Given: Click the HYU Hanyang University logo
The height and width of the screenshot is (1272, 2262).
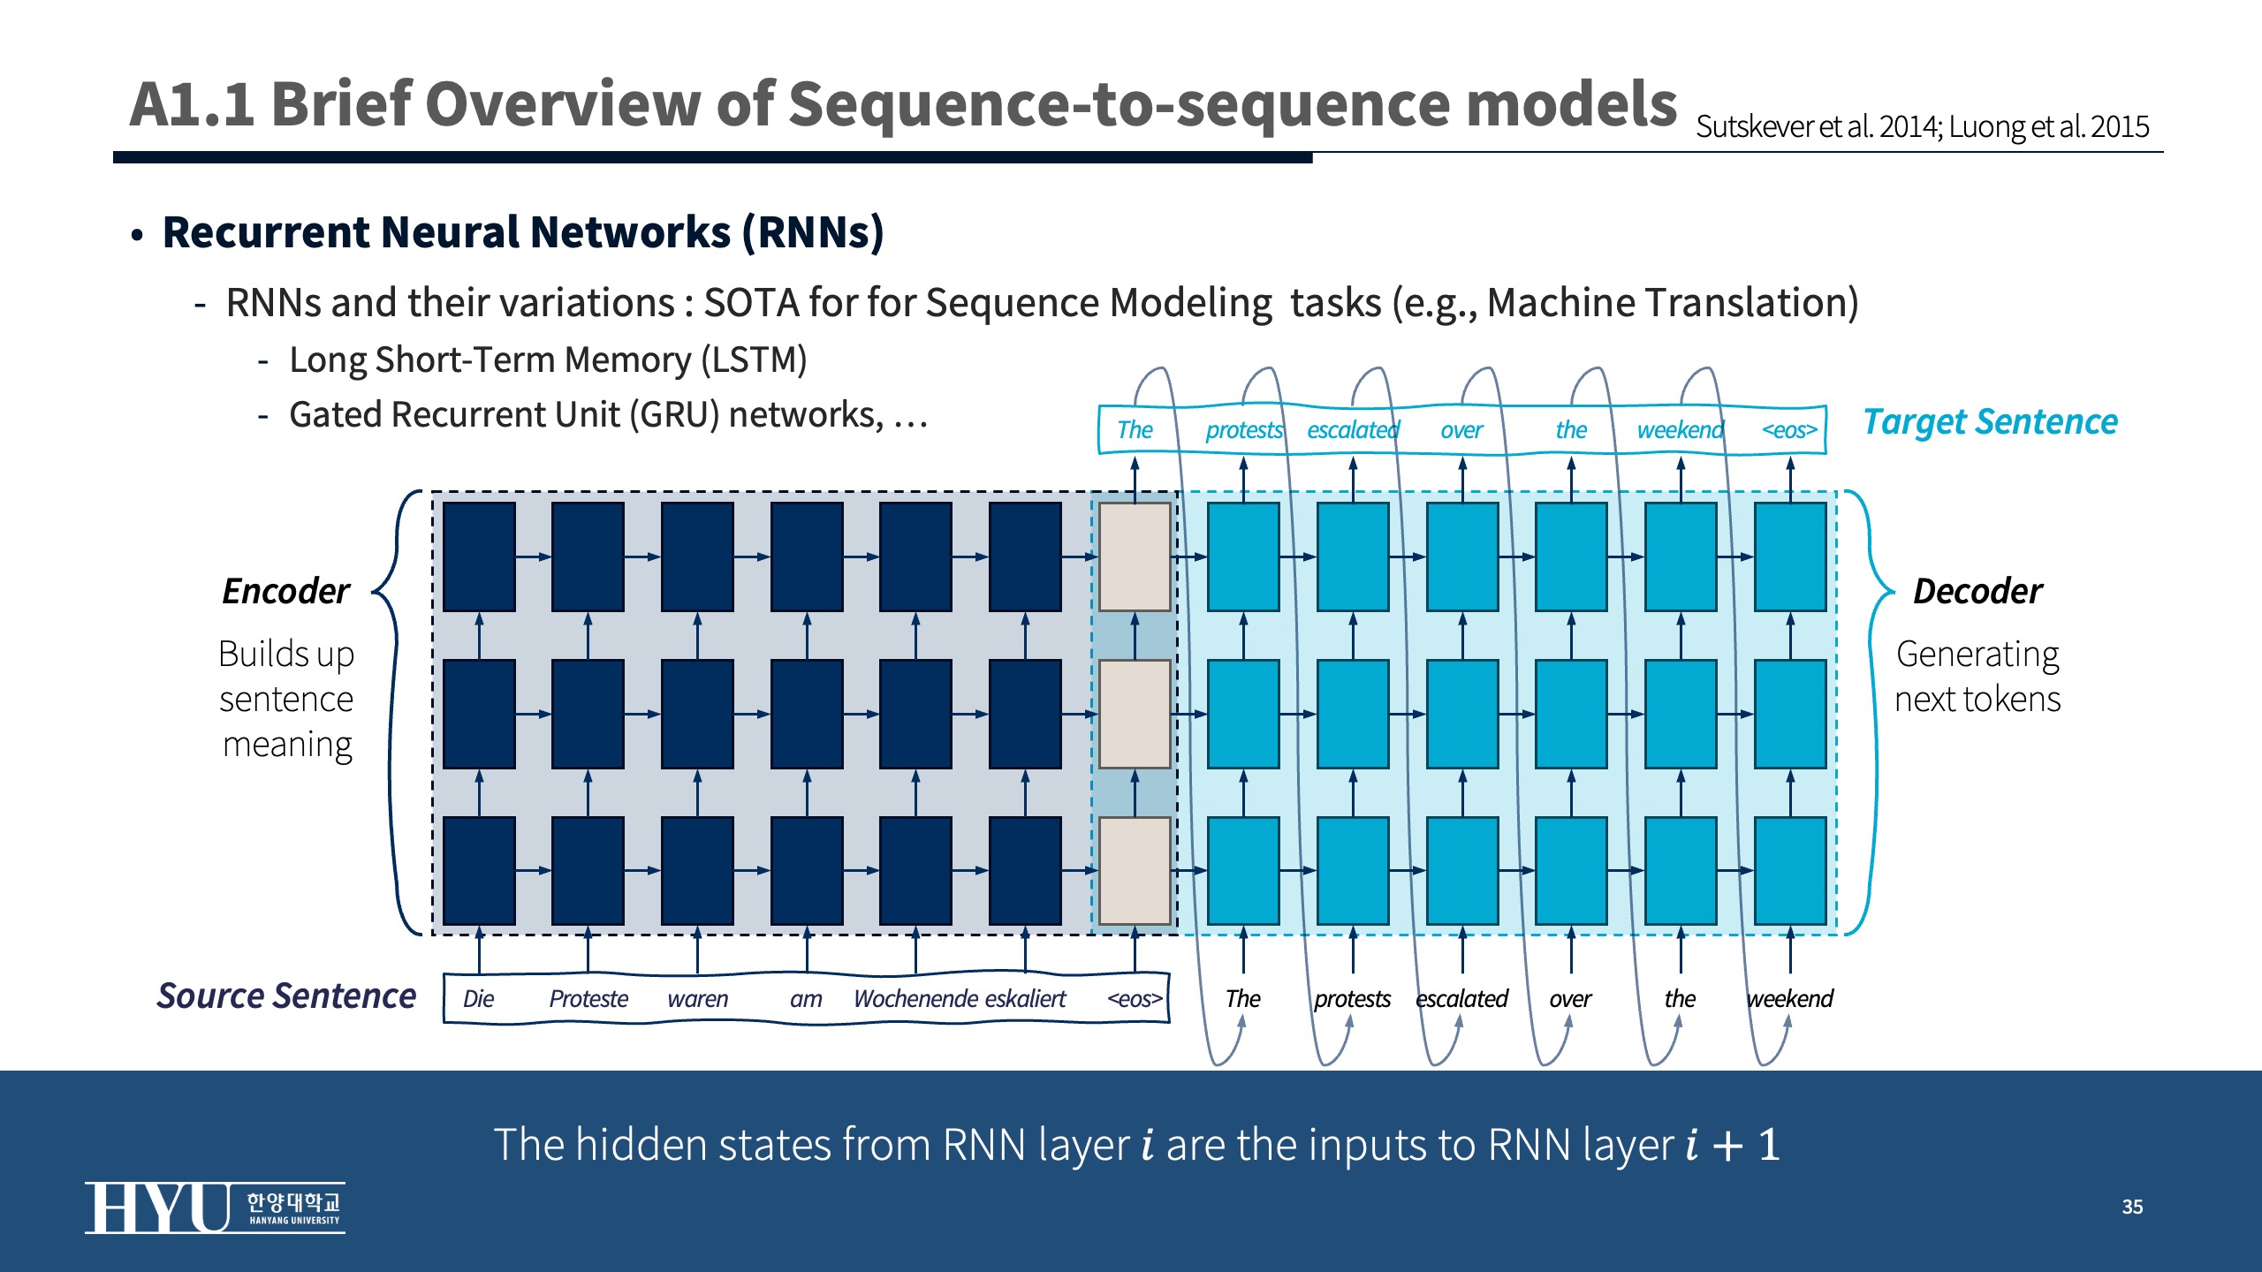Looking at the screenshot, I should (215, 1207).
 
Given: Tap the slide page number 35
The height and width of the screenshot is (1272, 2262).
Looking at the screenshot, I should (2132, 1207).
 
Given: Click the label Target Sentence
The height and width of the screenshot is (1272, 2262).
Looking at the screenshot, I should (1990, 422).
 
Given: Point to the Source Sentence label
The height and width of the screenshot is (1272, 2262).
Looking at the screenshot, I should (286, 996).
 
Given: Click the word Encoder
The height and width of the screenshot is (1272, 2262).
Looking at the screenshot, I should (286, 591).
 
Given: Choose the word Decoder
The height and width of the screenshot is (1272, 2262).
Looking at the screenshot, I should (1977, 591).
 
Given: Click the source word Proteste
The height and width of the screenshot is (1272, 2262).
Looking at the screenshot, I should (588, 999).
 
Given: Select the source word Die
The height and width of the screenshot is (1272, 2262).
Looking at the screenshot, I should (478, 999).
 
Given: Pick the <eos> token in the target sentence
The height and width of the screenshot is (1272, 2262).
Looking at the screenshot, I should (1789, 430).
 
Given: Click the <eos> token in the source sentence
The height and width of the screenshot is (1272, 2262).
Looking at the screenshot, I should (1135, 999).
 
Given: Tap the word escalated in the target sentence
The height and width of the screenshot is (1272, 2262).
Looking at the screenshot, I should (1353, 430).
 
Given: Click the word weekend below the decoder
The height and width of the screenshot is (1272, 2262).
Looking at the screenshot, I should (1789, 999).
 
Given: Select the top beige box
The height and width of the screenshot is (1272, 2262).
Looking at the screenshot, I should (1135, 556).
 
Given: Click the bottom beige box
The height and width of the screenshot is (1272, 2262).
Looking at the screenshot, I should (1135, 870).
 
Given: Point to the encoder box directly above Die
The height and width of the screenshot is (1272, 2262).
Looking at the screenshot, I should (479, 870).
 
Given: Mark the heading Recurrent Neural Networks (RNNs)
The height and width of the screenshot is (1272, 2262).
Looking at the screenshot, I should (523, 232).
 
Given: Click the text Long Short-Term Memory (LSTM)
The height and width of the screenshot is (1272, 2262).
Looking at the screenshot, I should (548, 360).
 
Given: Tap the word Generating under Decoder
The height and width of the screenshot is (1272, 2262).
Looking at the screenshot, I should (1977, 655).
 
